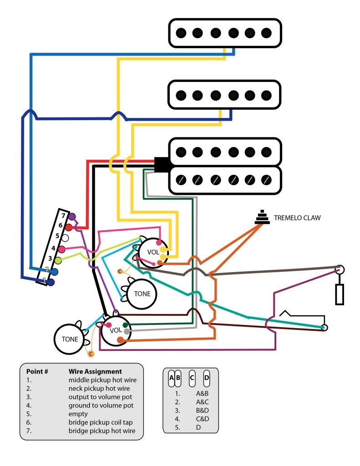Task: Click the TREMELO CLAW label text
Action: [297, 218]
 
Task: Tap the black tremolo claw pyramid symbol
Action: [261, 218]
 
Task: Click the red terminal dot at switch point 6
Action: [69, 227]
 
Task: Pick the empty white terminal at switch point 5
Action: [65, 238]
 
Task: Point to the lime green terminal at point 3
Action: [58, 260]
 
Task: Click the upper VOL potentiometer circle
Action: [153, 252]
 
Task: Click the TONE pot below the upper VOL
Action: [142, 294]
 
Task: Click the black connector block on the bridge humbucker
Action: [162, 165]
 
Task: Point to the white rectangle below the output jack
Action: [340, 294]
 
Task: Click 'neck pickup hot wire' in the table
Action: [99, 388]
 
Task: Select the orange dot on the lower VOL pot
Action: [120, 339]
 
